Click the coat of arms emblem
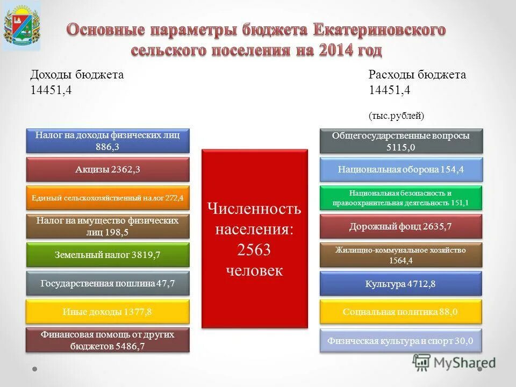[x=21, y=26]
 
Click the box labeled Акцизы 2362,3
[x=108, y=170]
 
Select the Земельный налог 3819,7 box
[x=108, y=255]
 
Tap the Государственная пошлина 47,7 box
[x=108, y=283]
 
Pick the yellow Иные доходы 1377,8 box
[x=108, y=312]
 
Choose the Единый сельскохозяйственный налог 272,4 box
[x=108, y=198]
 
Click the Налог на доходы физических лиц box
[x=108, y=141]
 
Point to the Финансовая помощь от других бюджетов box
[x=108, y=340]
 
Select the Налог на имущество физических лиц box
[x=108, y=226]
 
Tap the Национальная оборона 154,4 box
[x=401, y=169]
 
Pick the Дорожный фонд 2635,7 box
[x=401, y=226]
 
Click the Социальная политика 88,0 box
[x=401, y=312]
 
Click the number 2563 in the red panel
[x=254, y=249]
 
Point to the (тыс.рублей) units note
[x=396, y=116]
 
